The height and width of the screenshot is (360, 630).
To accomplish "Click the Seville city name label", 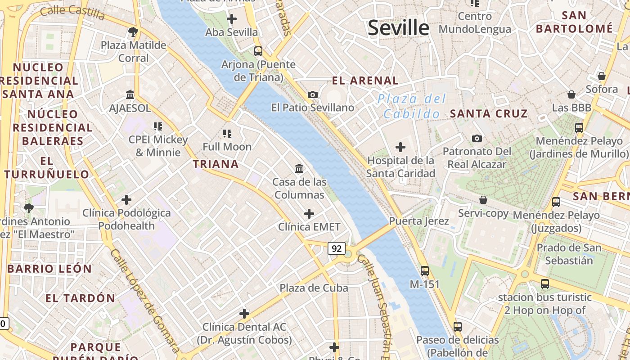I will (x=398, y=28).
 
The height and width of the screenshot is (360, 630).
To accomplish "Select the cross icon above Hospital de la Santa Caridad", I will (x=400, y=147).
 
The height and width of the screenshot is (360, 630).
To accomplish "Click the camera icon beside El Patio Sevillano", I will (x=313, y=94).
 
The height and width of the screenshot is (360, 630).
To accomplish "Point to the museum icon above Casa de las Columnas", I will (x=299, y=169).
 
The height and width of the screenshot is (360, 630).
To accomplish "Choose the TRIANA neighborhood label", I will (x=216, y=164).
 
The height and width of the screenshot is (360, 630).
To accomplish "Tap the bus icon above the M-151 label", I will (x=425, y=271).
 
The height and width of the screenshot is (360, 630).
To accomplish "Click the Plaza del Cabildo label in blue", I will (x=412, y=106).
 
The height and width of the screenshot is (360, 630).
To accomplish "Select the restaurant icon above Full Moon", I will (x=227, y=133).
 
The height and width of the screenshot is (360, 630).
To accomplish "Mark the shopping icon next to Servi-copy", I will (x=483, y=199).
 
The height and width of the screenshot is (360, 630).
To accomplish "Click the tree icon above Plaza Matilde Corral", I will (x=133, y=32).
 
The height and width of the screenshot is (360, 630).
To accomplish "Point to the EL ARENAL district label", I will (x=365, y=81).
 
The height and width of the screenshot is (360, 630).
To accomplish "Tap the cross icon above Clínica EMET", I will (x=309, y=214).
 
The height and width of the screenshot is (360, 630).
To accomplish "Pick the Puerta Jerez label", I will (x=419, y=221).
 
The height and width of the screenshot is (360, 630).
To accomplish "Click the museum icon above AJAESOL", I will (x=130, y=95).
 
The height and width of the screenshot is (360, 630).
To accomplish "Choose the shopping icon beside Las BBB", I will (x=571, y=94).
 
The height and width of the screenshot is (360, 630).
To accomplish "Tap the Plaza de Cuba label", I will (x=314, y=288).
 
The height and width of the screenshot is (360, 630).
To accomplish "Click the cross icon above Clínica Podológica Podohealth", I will (x=126, y=200).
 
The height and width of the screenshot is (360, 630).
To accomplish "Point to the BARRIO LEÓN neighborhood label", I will (x=49, y=269).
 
